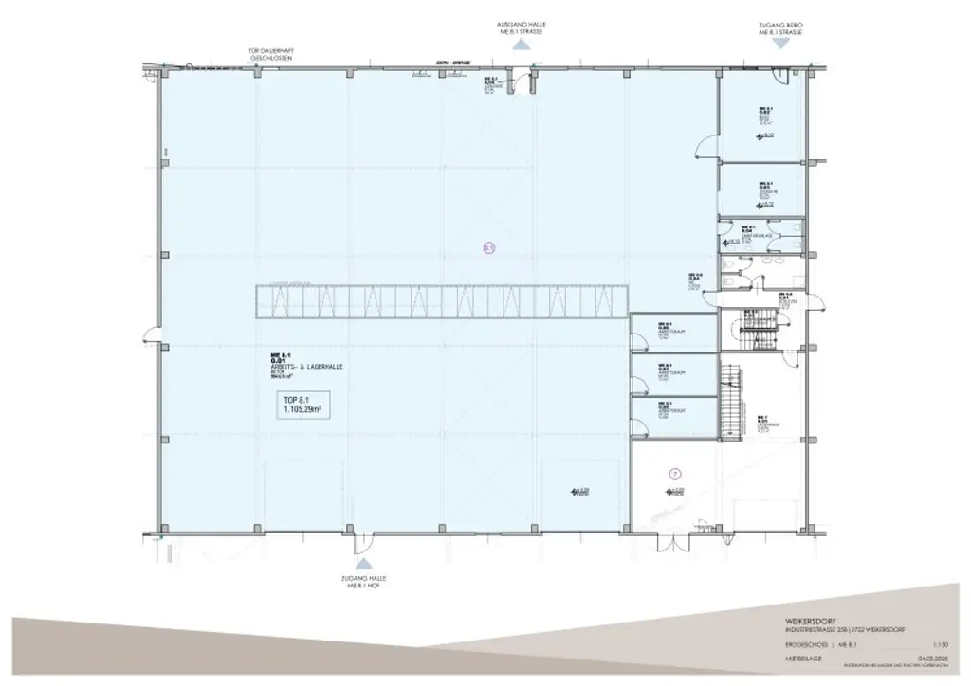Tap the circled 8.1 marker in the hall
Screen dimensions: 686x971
tap(489, 249)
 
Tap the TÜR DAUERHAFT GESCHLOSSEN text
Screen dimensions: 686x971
tap(270, 54)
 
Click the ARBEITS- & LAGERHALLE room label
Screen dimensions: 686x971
tap(303, 366)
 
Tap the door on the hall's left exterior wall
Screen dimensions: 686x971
tap(152, 334)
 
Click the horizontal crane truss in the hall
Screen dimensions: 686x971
tap(441, 300)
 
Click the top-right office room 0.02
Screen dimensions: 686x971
tap(763, 118)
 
